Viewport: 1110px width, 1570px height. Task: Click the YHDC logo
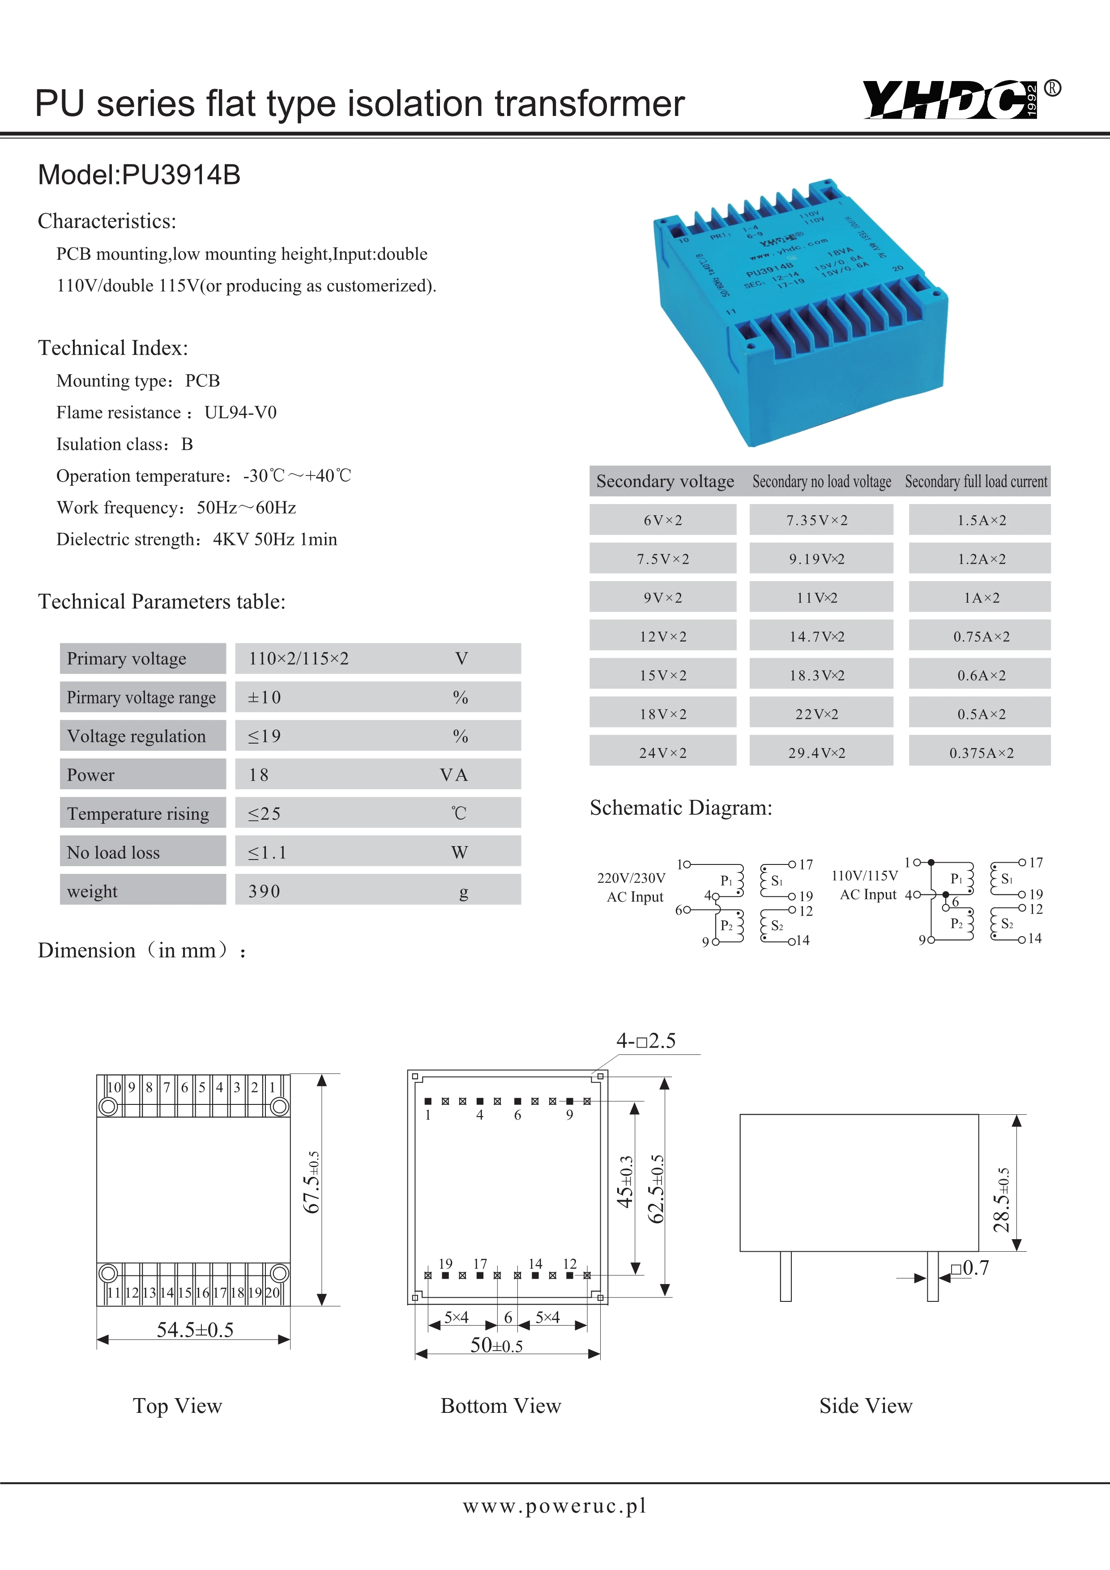pyautogui.click(x=950, y=100)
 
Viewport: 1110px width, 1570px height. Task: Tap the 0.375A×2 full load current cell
pyautogui.click(x=981, y=753)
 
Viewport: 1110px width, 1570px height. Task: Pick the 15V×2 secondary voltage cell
pyautogui.click(x=662, y=676)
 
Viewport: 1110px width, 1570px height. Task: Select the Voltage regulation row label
pyautogui.click(x=136, y=736)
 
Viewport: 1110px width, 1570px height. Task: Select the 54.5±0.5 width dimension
pyautogui.click(x=195, y=1330)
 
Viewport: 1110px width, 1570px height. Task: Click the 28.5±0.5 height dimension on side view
pyautogui.click(x=1002, y=1200)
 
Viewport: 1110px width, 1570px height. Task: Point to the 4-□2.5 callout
pyautogui.click(x=646, y=1041)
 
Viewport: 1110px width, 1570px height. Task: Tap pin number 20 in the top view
pyautogui.click(x=272, y=1293)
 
